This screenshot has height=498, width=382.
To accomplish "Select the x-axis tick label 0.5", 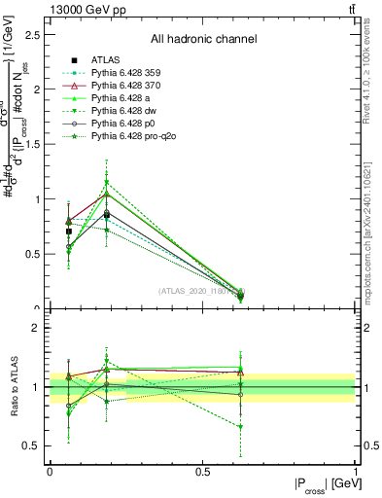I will [203, 472].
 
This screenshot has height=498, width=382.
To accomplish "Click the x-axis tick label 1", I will [357, 472].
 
